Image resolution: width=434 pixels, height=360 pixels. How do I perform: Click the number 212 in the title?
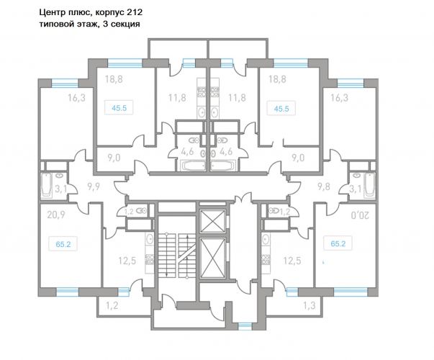click(x=135, y=12)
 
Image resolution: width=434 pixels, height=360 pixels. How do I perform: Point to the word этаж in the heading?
click(x=87, y=24)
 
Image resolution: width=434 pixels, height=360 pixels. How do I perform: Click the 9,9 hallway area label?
click(x=94, y=187)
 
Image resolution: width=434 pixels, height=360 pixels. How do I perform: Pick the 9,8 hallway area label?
click(x=324, y=187)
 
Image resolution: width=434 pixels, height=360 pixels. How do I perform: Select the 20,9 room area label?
click(x=56, y=215)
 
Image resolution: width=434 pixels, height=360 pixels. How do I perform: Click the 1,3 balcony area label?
click(x=309, y=306)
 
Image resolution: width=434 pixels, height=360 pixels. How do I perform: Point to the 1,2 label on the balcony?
click(x=112, y=306)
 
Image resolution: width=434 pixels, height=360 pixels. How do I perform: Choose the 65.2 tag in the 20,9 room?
click(x=63, y=245)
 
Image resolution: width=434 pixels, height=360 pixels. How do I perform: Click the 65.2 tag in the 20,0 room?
click(x=338, y=244)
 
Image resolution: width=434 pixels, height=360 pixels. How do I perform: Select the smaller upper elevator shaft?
click(x=212, y=221)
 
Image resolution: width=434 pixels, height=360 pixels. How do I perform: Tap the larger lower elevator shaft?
click(x=212, y=258)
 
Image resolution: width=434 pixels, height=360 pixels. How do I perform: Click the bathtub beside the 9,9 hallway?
click(x=47, y=185)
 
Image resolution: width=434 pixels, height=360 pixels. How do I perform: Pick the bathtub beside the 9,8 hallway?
click(x=370, y=185)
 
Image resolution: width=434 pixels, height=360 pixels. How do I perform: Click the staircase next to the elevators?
click(x=177, y=254)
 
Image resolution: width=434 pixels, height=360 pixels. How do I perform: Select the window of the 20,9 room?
click(x=68, y=292)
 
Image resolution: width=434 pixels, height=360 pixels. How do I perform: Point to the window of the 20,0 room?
click(x=351, y=292)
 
